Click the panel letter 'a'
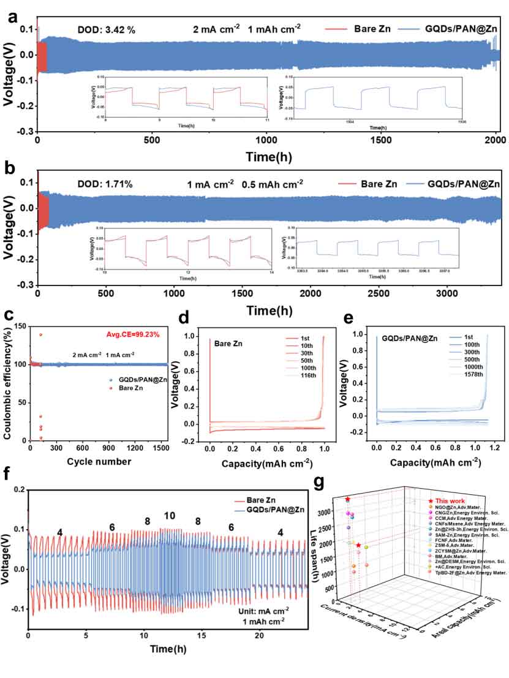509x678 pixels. coord(12,17)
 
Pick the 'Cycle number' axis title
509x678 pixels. coord(96,461)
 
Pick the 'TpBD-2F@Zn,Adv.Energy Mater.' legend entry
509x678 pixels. coord(469,573)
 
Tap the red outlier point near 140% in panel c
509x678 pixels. coord(41,334)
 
